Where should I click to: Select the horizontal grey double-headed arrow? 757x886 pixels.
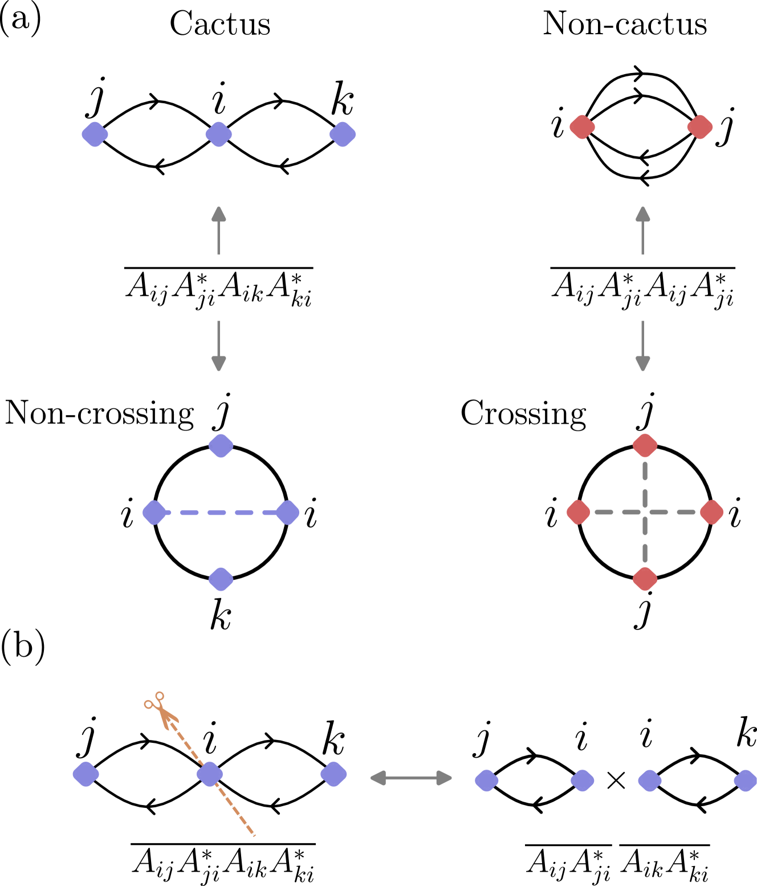[411, 778]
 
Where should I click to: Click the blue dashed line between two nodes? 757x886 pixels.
[221, 513]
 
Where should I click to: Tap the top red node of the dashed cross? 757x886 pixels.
[645, 445]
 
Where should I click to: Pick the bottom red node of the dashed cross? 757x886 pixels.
[645, 579]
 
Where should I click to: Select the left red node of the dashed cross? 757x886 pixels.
[578, 512]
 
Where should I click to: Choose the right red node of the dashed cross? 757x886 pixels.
[711, 512]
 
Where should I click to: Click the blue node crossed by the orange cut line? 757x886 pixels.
[210, 774]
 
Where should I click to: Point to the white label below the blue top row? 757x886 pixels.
[218, 288]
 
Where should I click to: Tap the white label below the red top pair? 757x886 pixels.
[642, 288]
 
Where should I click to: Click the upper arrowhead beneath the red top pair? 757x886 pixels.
[643, 214]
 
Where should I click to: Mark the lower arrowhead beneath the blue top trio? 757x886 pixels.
[219, 363]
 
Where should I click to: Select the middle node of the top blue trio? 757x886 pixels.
[218, 135]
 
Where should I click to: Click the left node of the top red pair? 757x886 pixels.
[582, 127]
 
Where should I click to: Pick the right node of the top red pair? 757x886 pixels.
[700, 127]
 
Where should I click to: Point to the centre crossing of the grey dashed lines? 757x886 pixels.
[645, 512]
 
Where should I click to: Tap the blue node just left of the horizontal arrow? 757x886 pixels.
[333, 774]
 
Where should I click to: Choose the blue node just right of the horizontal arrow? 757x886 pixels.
[486, 781]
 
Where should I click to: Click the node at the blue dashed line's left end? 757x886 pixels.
[154, 512]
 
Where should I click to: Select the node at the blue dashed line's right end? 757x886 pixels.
[287, 512]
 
